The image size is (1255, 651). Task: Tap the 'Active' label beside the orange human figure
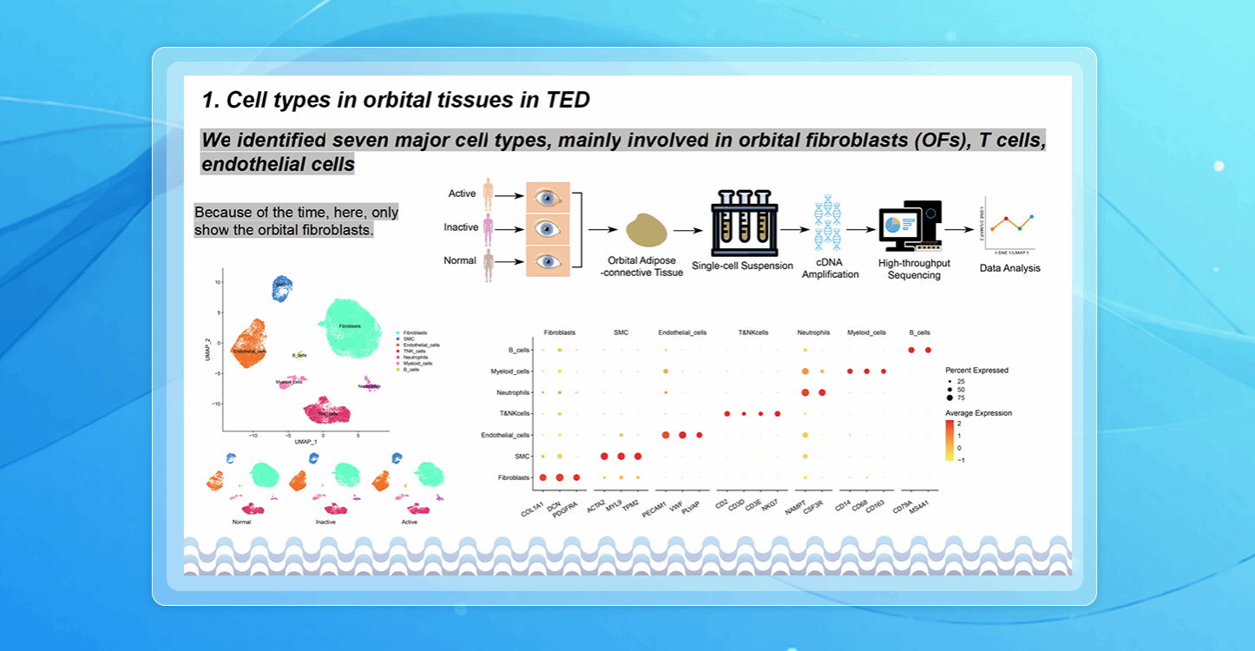(x=463, y=193)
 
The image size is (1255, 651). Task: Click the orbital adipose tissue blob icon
(x=647, y=232)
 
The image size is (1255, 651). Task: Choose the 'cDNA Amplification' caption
(x=830, y=268)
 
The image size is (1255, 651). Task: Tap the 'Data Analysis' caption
(x=1009, y=268)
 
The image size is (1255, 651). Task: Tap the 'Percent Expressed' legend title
(x=976, y=371)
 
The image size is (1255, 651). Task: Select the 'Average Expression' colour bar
(x=951, y=442)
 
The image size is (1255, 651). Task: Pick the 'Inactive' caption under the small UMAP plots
(x=330, y=523)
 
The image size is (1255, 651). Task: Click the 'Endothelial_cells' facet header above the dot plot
(x=682, y=332)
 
